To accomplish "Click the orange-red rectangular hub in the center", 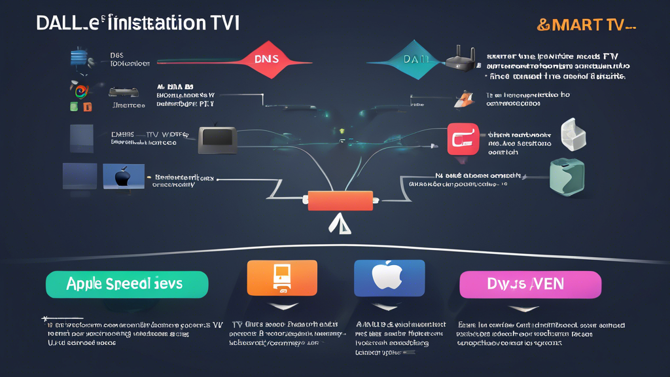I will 340,201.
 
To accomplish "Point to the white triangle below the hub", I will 340,225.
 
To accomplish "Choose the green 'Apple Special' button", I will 127,285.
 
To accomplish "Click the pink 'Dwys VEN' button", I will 531,285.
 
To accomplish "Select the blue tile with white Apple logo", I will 389,278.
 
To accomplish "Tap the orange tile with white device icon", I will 282,278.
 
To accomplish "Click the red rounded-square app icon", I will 463,139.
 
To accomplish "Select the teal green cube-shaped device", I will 567,177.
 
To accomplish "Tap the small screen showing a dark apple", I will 124,177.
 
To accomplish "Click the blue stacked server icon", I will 80,58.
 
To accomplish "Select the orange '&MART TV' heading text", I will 586,25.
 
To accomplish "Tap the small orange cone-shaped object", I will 464,99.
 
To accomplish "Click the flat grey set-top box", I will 123,93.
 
